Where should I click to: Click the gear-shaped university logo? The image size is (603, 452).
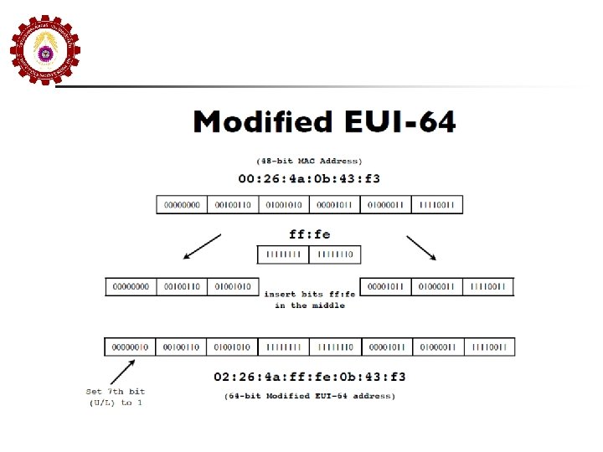tap(44, 52)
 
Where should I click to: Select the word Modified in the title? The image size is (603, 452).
tap(261, 122)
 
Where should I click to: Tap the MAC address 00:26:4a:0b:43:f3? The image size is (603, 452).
tap(309, 178)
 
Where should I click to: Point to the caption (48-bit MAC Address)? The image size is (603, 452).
tap(309, 160)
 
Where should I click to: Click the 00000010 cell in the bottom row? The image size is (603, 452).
tap(130, 347)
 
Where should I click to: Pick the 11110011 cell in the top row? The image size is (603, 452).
tap(436, 204)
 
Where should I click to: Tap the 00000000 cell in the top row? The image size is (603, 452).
tap(182, 204)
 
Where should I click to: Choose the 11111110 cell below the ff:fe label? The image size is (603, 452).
tap(335, 254)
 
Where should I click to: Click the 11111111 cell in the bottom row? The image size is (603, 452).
tap(283, 347)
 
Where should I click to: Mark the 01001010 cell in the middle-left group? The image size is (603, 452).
tap(232, 286)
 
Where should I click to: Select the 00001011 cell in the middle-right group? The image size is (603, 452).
tap(385, 286)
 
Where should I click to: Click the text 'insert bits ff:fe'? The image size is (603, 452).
tap(309, 295)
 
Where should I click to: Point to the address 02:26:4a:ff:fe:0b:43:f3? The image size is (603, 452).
tap(309, 377)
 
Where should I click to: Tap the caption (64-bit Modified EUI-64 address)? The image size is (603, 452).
tap(309, 395)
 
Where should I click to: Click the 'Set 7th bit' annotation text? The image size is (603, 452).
tap(115, 391)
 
